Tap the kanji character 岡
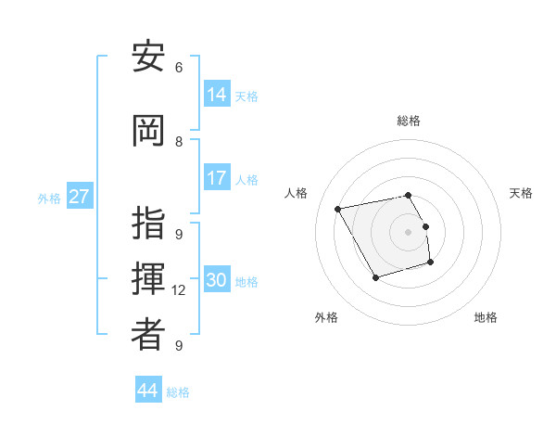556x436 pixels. pyautogui.click(x=148, y=131)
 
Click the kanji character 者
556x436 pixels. pyautogui.click(x=148, y=335)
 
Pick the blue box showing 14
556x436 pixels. pyautogui.click(x=217, y=94)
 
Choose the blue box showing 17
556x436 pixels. pyautogui.click(x=217, y=178)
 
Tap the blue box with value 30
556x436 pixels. pyautogui.click(x=217, y=280)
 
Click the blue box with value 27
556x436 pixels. pyautogui.click(x=80, y=197)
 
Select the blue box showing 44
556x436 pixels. pyautogui.click(x=148, y=390)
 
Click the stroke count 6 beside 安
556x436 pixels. pyautogui.click(x=179, y=68)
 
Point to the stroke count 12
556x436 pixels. pyautogui.click(x=179, y=290)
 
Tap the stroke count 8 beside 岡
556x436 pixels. pyautogui.click(x=179, y=142)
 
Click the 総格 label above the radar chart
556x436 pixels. pyautogui.click(x=409, y=121)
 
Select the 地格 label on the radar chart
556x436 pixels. pyautogui.click(x=486, y=317)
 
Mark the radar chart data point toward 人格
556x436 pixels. pyautogui.click(x=338, y=209)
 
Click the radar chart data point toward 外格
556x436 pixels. pyautogui.click(x=375, y=277)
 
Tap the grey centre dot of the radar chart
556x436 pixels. pyautogui.click(x=409, y=232)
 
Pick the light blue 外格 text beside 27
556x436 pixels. pyautogui.click(x=48, y=198)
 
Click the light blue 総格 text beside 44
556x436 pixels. pyautogui.click(x=178, y=391)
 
